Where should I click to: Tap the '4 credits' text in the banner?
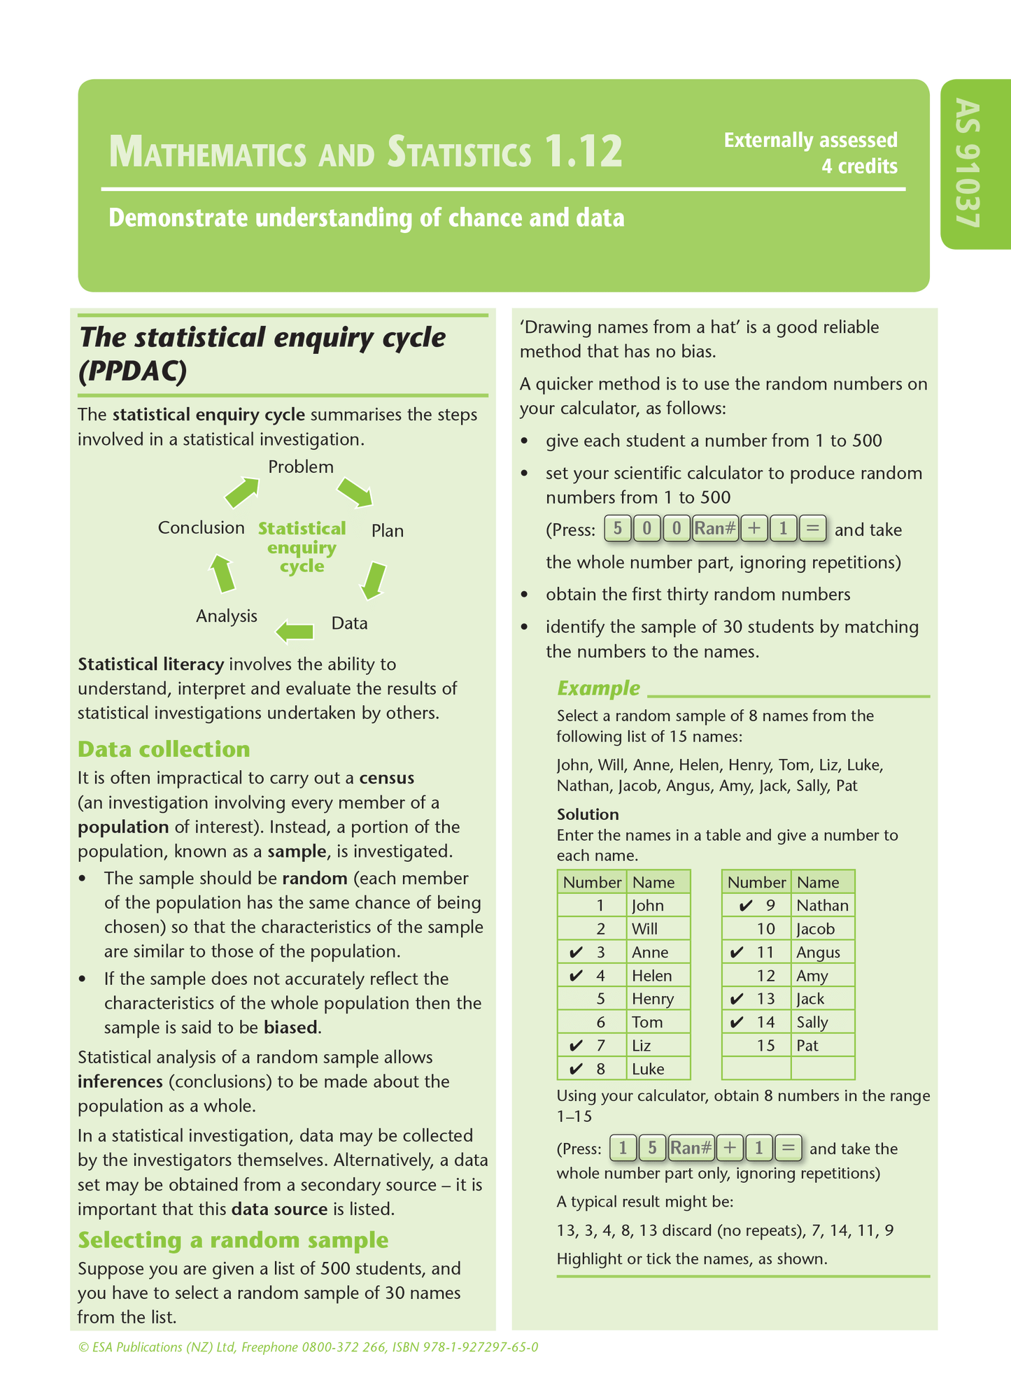[x=859, y=166]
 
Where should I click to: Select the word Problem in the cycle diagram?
[x=301, y=467]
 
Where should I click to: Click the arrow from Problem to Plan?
[x=355, y=492]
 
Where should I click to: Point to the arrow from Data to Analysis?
[x=295, y=632]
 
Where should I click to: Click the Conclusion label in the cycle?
[x=201, y=527]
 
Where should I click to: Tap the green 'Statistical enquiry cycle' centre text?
[x=302, y=547]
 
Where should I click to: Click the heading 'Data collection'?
[x=164, y=749]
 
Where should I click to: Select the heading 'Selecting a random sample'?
[x=233, y=1240]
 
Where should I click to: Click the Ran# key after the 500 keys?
[x=715, y=528]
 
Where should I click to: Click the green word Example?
[x=598, y=688]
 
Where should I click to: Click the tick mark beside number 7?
[x=577, y=1046]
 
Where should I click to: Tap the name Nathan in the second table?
[x=822, y=905]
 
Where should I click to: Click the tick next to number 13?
[x=736, y=999]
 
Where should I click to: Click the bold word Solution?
[x=588, y=814]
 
